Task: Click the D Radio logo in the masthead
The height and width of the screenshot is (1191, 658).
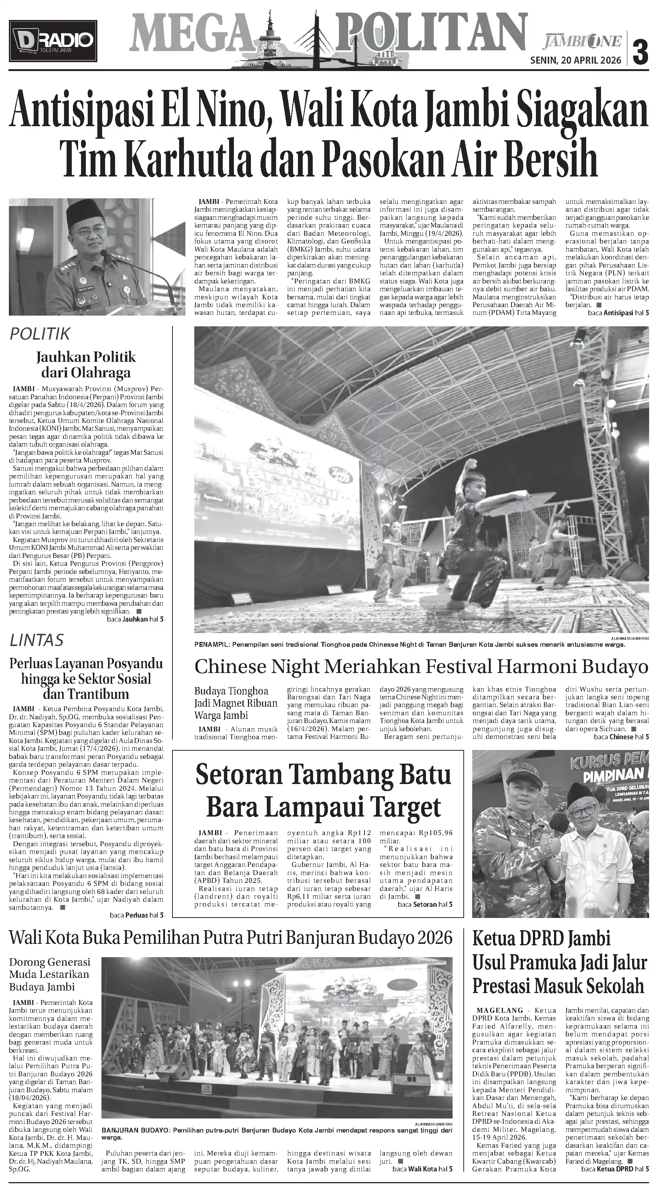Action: point(53,41)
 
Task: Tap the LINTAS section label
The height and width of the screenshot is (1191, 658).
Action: point(37,641)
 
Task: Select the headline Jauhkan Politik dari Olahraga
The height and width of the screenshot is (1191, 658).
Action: point(86,365)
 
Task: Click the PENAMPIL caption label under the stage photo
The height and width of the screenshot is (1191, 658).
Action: point(213,645)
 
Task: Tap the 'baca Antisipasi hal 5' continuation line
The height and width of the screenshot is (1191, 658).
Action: point(618,313)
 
